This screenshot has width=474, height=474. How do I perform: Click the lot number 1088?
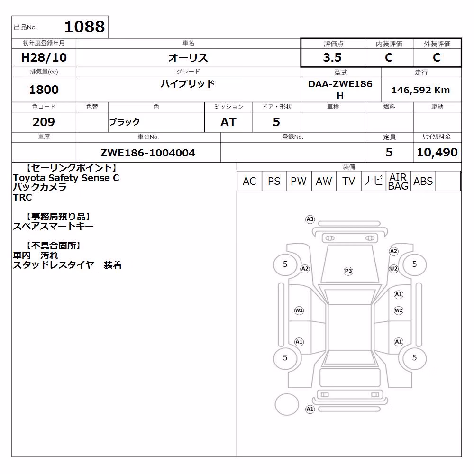85,27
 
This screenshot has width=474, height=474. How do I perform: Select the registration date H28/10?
44,57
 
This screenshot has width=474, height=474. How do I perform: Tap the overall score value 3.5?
332,57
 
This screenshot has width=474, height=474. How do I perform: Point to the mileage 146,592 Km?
420,90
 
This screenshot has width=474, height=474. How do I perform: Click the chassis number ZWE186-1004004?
148,153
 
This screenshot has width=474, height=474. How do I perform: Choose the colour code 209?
44,122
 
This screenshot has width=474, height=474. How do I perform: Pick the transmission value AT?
228,122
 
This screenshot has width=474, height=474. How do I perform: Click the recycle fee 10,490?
437,152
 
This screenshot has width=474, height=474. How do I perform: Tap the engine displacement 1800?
44,90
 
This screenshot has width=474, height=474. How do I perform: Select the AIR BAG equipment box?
398,181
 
